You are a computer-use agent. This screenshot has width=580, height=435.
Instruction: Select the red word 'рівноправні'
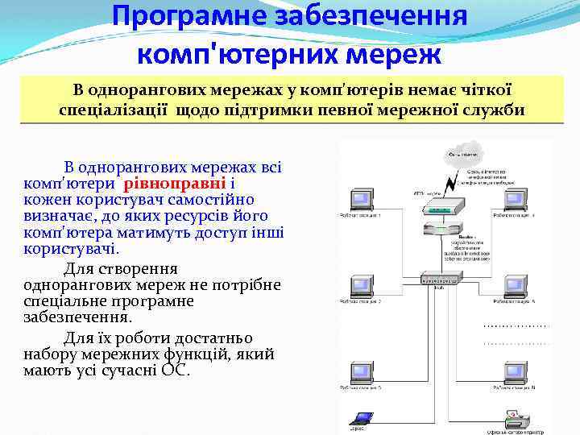point(169,183)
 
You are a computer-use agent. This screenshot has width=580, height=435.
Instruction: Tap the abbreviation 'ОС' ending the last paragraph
point(174,371)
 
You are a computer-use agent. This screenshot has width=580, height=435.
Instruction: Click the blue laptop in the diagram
point(360,418)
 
